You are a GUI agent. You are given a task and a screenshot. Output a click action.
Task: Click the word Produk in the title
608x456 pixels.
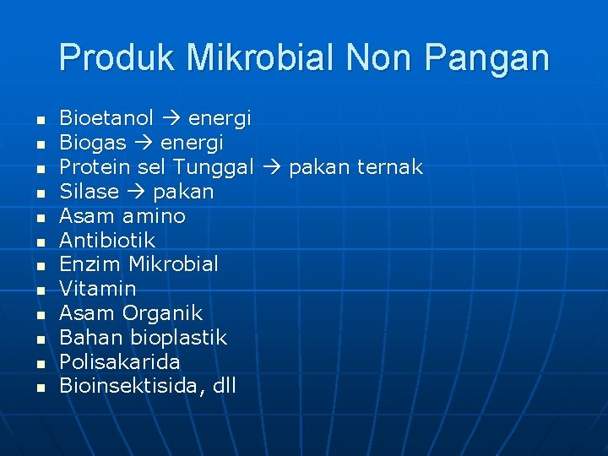pyautogui.click(x=117, y=58)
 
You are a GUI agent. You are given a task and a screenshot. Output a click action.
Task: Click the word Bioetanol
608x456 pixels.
pyautogui.click(x=106, y=118)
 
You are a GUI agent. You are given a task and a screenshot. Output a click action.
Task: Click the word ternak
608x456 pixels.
pyautogui.click(x=390, y=167)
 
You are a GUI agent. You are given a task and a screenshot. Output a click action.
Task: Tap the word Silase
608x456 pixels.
pyautogui.click(x=89, y=192)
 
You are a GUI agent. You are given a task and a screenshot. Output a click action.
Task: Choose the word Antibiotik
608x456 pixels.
pyautogui.click(x=107, y=241)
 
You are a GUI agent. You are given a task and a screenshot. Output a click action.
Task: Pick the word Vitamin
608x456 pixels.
pyautogui.click(x=97, y=289)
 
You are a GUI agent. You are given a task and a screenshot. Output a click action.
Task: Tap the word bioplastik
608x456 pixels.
pyautogui.click(x=179, y=338)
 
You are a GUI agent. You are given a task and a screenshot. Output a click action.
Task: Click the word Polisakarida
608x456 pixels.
pyautogui.click(x=119, y=362)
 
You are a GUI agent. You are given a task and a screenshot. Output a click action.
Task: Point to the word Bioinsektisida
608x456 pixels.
pyautogui.click(x=132, y=387)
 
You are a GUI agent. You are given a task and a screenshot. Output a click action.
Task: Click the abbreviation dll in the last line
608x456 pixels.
pyautogui.click(x=224, y=387)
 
